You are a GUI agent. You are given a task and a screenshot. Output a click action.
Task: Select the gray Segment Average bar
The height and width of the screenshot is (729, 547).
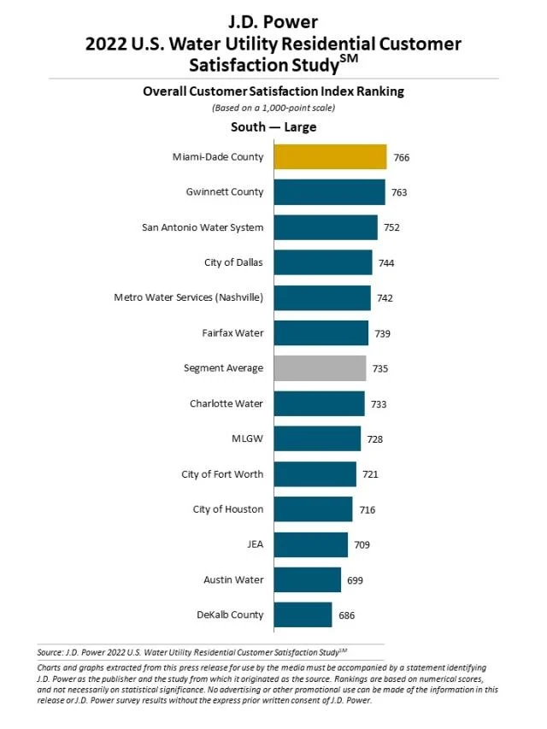click(x=320, y=368)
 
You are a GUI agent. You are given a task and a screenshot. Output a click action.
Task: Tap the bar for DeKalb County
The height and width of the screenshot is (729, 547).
click(x=303, y=614)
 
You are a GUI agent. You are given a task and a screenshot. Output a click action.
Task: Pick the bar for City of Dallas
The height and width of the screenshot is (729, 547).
click(x=323, y=262)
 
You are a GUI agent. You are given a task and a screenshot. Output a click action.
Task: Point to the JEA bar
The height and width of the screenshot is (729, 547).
click(x=310, y=544)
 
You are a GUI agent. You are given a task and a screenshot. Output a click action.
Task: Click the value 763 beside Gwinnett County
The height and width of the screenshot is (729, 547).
click(x=399, y=192)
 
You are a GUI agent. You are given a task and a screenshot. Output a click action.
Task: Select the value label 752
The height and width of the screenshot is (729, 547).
click(x=391, y=227)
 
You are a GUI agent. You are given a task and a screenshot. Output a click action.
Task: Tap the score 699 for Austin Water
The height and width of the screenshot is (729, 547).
click(x=356, y=580)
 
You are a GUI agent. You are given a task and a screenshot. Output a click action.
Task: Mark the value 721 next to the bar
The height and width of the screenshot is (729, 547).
click(x=370, y=474)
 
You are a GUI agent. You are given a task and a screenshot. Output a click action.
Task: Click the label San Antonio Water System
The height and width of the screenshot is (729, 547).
click(x=203, y=227)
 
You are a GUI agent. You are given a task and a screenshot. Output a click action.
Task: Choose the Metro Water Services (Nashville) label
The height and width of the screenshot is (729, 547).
click(x=188, y=297)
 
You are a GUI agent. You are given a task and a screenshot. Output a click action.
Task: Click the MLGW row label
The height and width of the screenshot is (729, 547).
click(x=248, y=439)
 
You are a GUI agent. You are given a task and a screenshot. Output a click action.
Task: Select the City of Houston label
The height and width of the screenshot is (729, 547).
click(x=228, y=509)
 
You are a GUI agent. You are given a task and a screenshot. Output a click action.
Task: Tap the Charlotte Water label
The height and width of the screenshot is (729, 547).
click(x=226, y=403)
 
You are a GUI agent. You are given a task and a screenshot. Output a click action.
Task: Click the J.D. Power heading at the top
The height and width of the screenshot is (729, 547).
click(x=273, y=22)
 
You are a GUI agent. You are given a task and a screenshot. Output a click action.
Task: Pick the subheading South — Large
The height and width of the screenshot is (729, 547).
click(x=273, y=127)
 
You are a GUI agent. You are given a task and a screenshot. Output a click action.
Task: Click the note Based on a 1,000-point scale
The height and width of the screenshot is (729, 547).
click(x=273, y=108)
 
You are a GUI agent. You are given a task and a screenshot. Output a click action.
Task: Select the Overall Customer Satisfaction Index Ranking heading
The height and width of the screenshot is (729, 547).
click(x=273, y=91)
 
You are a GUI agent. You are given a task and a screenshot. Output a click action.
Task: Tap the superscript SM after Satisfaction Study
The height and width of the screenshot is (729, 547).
click(x=373, y=57)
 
